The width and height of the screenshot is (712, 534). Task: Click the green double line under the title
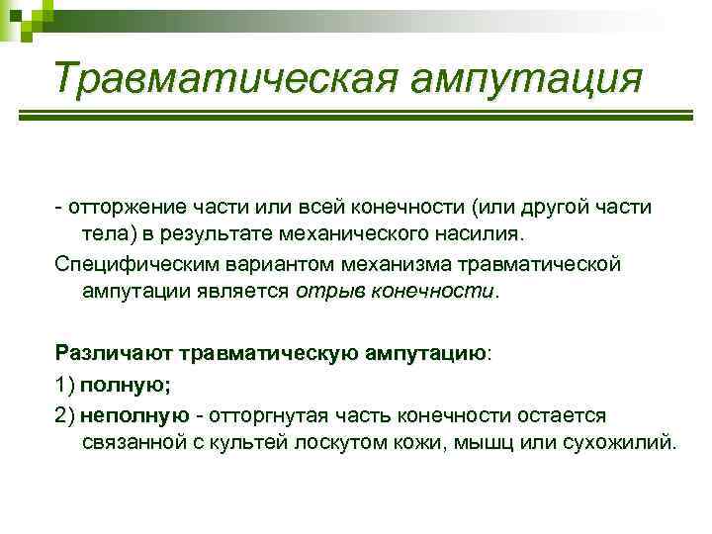tap(356, 125)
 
